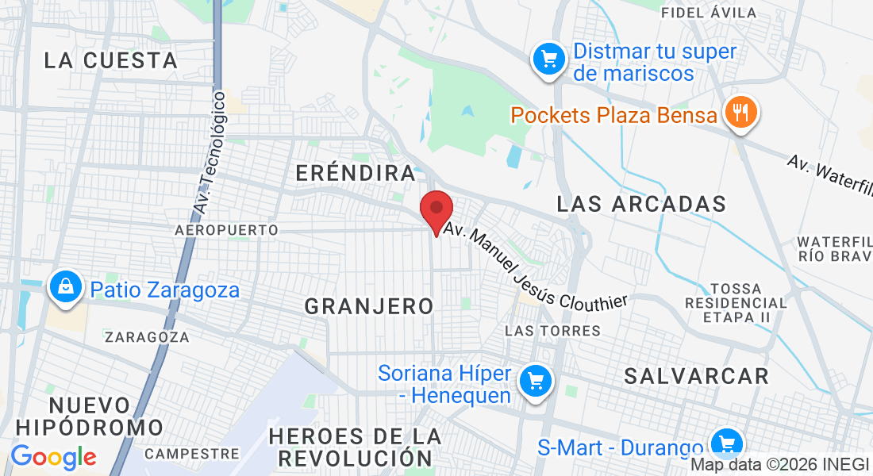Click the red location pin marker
[436, 210]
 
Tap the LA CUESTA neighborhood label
[110, 60]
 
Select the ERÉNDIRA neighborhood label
[355, 173]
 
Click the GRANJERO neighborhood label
[369, 305]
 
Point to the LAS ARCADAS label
[641, 204]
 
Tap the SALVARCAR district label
[696, 375]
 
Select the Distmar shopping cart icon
[548, 58]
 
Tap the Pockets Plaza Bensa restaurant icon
[740, 112]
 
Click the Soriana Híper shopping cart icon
[535, 382]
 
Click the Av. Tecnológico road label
[210, 154]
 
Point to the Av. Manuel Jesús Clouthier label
[536, 266]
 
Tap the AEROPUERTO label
[226, 230]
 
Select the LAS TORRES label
[552, 330]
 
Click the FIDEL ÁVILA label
[709, 13]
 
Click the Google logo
[53, 457]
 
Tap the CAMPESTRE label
[192, 454]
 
